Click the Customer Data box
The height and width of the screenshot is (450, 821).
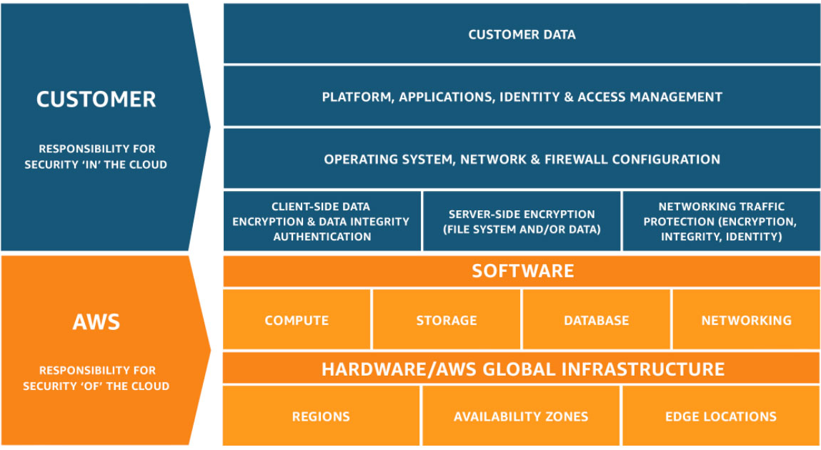522,34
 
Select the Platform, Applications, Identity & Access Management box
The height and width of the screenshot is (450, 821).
522,97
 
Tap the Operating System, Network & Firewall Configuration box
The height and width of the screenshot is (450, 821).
522,159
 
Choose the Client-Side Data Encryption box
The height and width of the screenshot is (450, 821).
322,222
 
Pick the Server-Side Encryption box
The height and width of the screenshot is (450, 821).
522,222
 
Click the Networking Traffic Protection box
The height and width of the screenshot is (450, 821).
720,222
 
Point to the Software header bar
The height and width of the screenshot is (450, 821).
522,271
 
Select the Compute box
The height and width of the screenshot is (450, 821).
297,320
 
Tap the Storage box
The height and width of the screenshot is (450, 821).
447,320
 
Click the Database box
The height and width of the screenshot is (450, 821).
597,320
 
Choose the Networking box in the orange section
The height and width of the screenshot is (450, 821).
746,320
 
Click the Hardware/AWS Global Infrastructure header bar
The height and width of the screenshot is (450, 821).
522,369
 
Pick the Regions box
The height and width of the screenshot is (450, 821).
321,416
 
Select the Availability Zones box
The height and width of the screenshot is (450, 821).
521,416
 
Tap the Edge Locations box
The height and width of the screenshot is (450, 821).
720,416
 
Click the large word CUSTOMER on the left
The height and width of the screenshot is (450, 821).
96,99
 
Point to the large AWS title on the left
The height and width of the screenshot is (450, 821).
96,322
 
